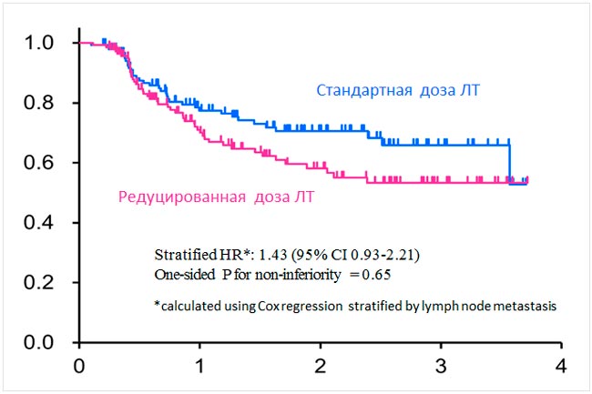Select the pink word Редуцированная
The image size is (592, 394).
181,195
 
